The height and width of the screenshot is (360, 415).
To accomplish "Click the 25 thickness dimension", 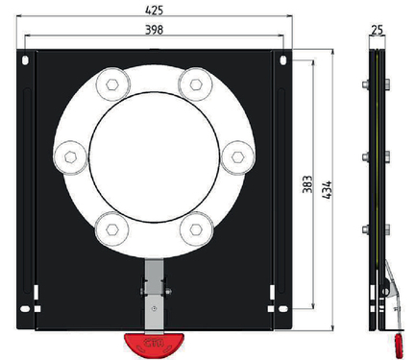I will (377, 31).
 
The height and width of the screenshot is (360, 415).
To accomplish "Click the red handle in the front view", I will (155, 340).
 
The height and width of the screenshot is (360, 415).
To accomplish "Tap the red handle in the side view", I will (395, 341).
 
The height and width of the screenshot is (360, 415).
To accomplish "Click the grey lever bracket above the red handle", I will (155, 293).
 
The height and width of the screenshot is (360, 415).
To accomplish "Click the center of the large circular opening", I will (155, 155).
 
